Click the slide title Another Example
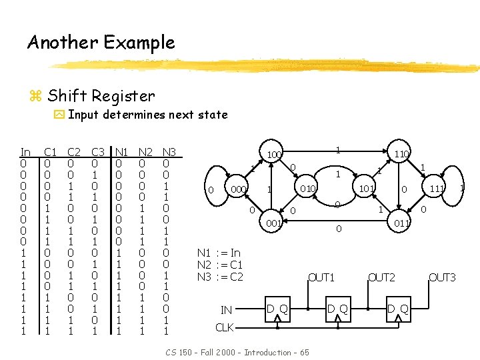click(101, 43)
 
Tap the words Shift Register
click(101, 96)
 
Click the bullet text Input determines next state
click(147, 115)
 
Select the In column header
click(25, 152)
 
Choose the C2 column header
click(74, 152)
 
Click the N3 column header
click(169, 152)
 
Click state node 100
click(273, 155)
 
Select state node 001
click(273, 223)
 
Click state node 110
click(401, 155)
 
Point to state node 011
click(401, 223)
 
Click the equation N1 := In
click(219, 253)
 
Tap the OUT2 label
click(382, 277)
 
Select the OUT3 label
click(442, 277)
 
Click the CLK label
click(225, 327)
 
